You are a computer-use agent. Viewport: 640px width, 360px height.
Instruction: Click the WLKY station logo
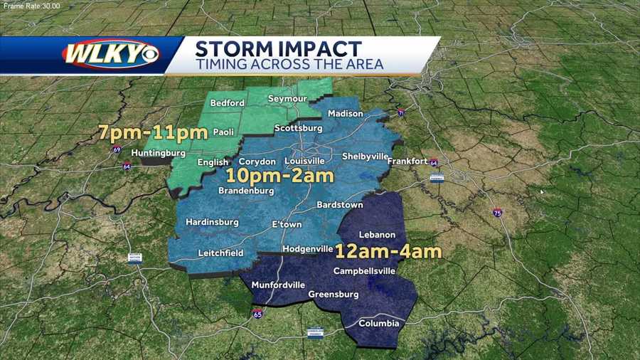click(x=111, y=55)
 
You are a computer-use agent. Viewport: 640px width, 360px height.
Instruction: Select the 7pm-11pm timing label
click(x=153, y=132)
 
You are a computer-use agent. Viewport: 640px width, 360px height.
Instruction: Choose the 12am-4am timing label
click(x=388, y=250)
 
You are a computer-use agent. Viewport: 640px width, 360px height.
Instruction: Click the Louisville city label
click(x=304, y=161)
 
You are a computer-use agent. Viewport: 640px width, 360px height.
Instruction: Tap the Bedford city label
click(x=228, y=103)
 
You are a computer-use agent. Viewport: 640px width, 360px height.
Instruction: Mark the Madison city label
click(x=346, y=114)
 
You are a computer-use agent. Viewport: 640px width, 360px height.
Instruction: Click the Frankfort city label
click(x=407, y=162)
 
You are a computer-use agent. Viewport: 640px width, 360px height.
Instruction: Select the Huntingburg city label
click(x=158, y=153)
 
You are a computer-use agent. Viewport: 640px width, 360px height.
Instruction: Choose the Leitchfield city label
click(x=220, y=253)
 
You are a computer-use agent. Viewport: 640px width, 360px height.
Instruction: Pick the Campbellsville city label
click(x=363, y=271)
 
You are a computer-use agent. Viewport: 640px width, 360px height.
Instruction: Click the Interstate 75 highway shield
click(x=497, y=213)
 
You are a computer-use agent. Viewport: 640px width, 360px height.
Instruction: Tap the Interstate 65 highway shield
click(x=257, y=313)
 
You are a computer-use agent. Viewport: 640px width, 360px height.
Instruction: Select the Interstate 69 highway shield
click(x=117, y=149)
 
